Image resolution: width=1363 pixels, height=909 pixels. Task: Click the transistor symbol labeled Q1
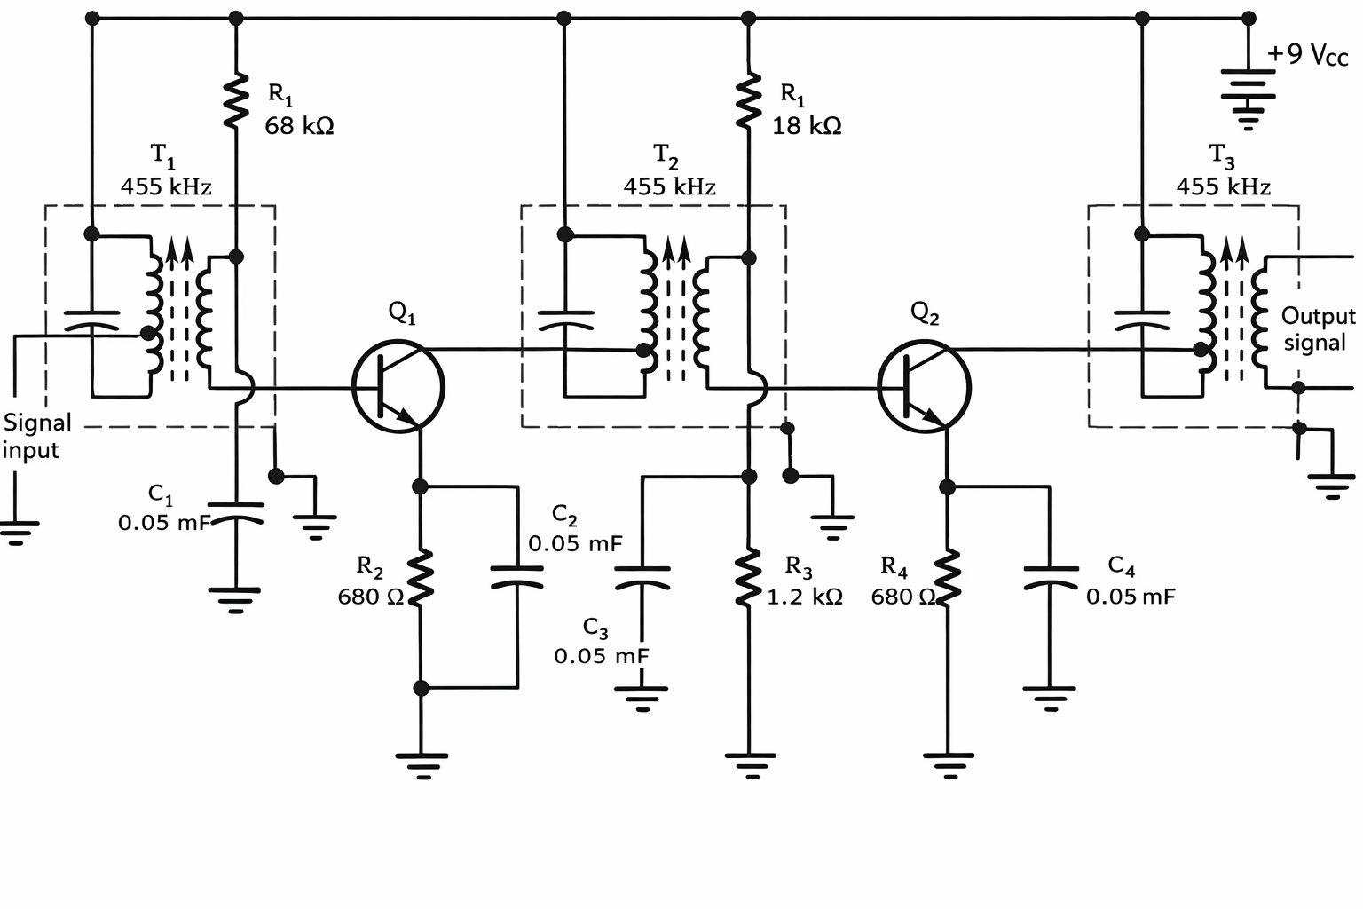398,387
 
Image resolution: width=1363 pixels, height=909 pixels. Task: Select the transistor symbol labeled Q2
924,387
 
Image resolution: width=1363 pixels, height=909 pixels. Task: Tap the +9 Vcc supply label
1306,55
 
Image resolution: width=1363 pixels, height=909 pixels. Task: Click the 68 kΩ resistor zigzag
236,99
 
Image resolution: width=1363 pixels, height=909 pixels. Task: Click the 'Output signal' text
1317,329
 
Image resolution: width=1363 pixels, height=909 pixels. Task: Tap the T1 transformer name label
162,156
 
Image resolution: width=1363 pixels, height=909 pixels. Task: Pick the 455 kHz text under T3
1223,186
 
